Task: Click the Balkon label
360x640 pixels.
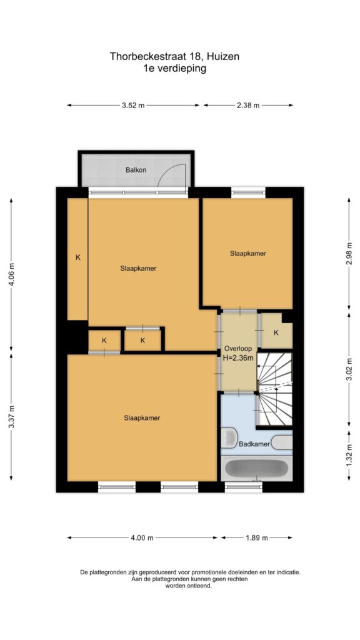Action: tap(136, 170)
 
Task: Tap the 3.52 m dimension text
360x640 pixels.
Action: tap(133, 105)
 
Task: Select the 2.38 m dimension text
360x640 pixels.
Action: tap(248, 105)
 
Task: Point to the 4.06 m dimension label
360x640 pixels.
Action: tap(11, 274)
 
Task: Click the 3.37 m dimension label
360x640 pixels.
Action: tap(11, 417)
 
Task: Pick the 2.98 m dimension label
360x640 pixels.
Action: tap(349, 254)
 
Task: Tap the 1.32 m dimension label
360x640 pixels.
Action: tap(349, 455)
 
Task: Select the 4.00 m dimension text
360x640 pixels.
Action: tap(142, 537)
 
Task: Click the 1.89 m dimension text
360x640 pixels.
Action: tap(256, 537)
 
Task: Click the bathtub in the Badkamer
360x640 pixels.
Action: tap(256, 469)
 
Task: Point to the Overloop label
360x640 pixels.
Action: tap(238, 349)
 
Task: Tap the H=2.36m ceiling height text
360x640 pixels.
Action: tap(238, 358)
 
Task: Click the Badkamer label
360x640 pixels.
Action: tap(255, 444)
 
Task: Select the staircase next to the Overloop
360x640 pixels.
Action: tap(274, 389)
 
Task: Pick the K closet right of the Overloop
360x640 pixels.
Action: tap(276, 331)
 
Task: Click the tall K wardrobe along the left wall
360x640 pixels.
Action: tap(77, 259)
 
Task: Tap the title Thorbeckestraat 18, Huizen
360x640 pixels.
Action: tap(174, 56)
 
